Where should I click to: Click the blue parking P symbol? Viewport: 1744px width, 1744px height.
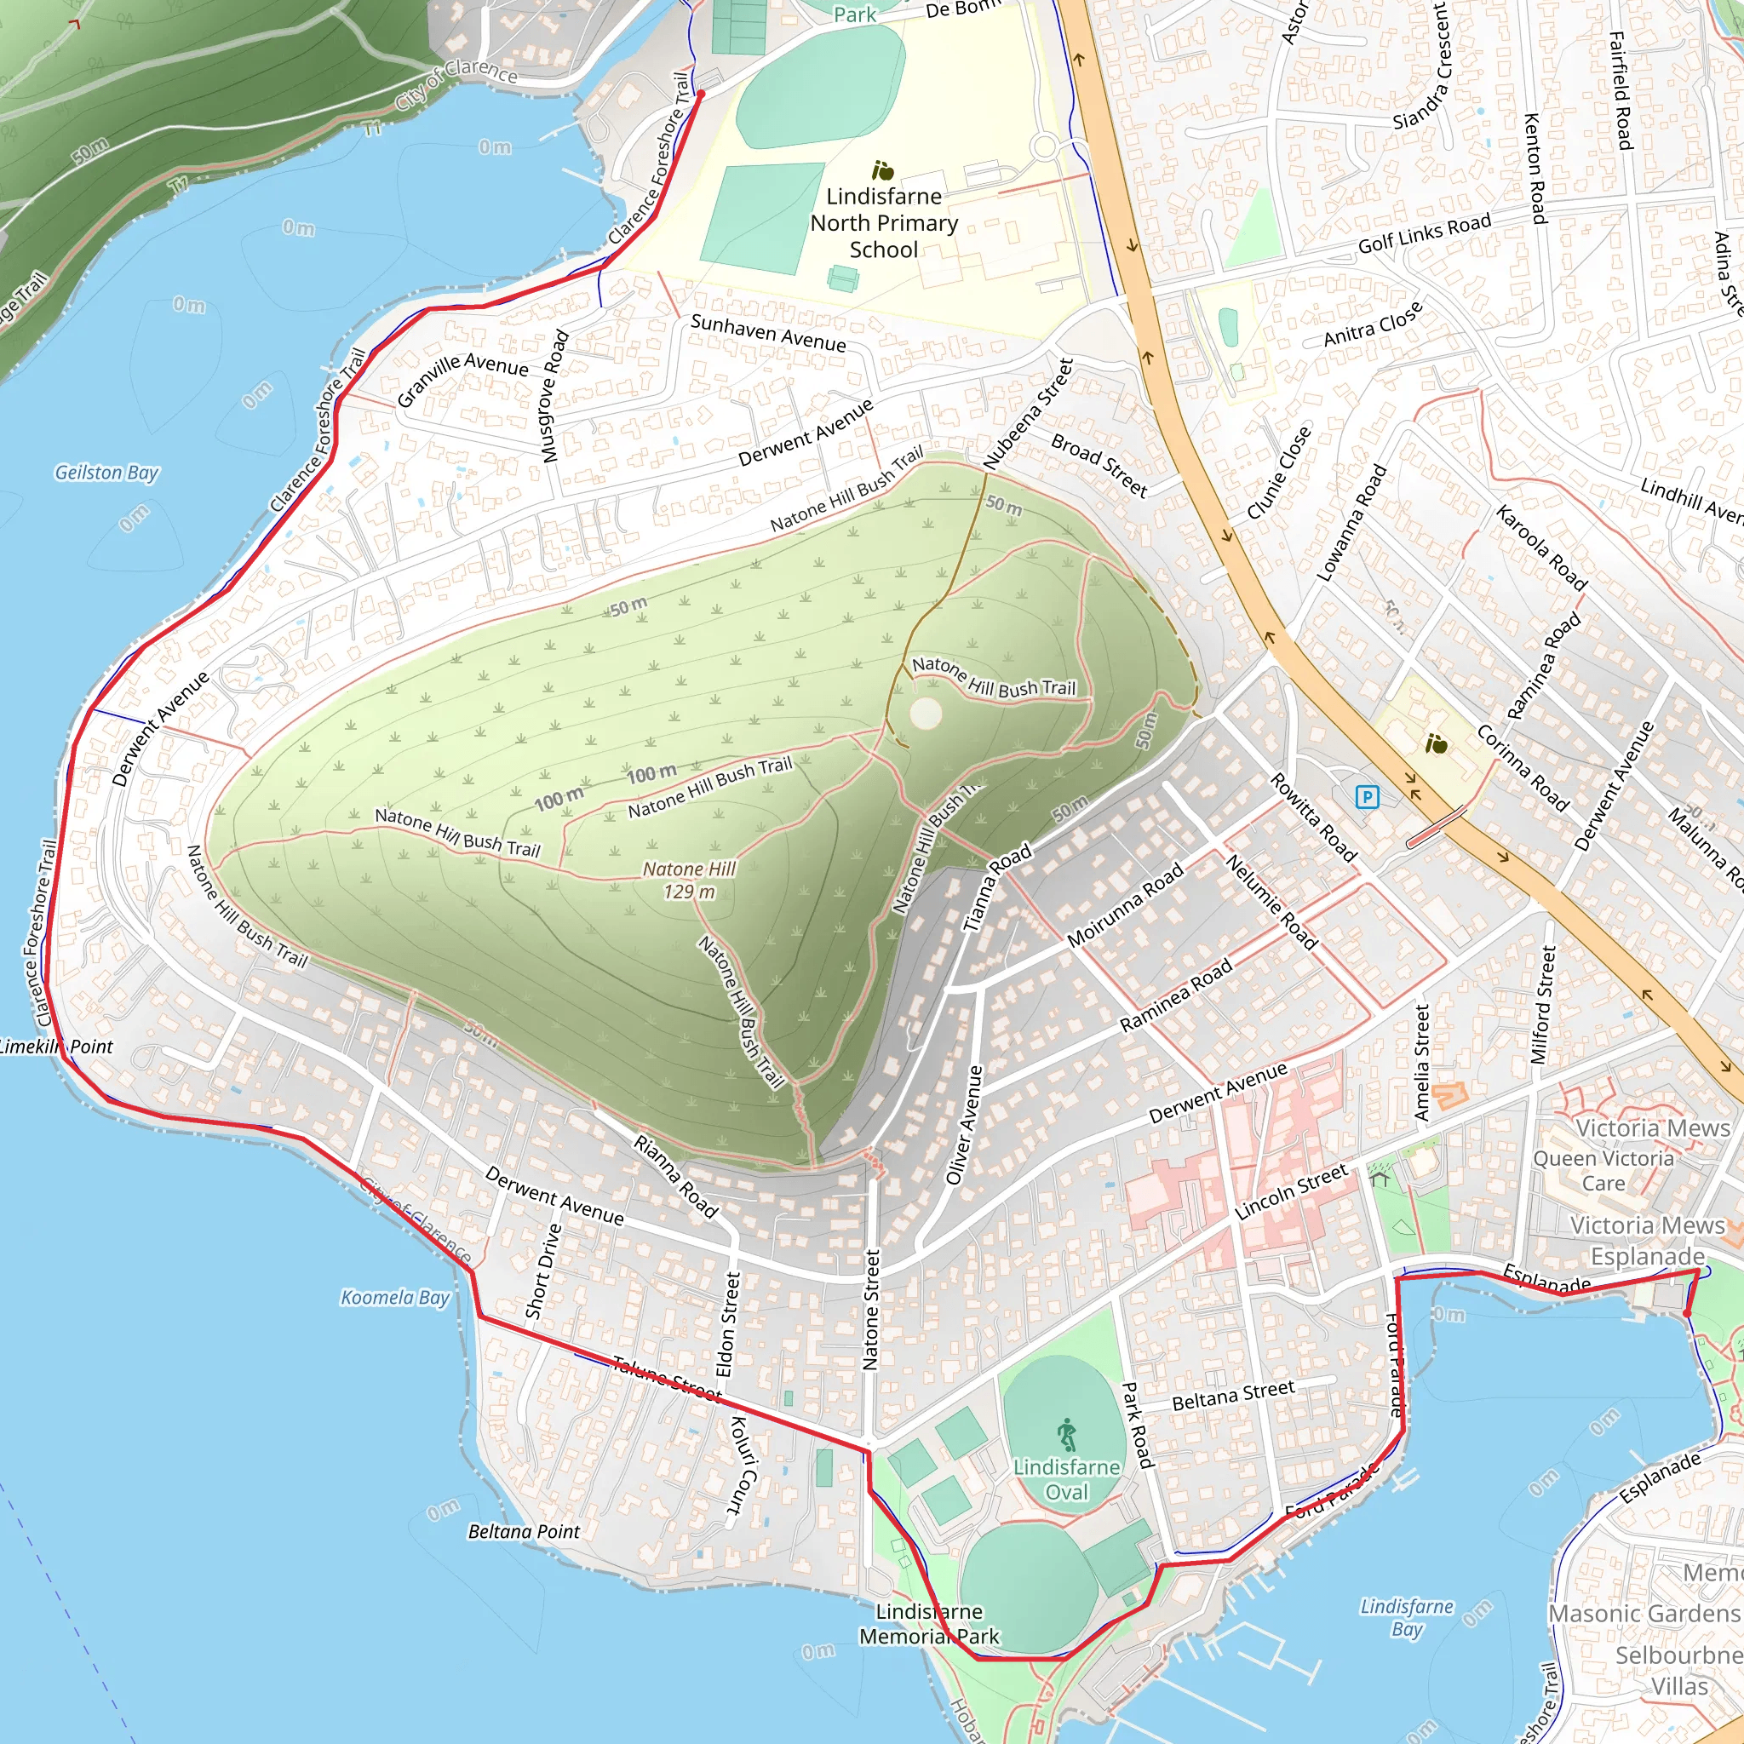point(1368,797)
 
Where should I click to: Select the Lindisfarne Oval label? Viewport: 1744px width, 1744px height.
point(1066,1479)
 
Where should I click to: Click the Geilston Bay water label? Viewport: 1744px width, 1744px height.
point(106,472)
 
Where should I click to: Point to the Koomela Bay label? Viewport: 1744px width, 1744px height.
point(394,1297)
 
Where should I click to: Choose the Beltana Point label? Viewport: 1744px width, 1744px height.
point(524,1532)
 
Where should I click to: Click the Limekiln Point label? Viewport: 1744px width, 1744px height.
point(57,1047)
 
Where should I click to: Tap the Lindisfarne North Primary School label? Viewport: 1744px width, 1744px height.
point(884,223)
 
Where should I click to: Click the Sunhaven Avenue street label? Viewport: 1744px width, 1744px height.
point(768,333)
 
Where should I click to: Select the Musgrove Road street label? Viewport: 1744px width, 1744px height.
point(554,396)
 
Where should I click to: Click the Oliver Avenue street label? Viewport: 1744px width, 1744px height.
point(963,1125)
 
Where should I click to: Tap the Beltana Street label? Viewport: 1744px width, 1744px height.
point(1233,1396)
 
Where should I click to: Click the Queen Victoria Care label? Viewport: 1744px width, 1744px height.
point(1603,1170)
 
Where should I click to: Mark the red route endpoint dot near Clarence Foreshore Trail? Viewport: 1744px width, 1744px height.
point(701,93)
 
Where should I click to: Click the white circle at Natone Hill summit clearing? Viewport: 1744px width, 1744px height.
point(926,714)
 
